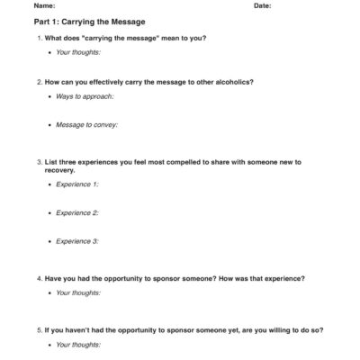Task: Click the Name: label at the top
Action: [x=43, y=5]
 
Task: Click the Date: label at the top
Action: [x=263, y=5]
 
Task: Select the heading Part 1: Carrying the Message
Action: [x=88, y=21]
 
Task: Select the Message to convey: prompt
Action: [x=86, y=124]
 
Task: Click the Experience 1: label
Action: [x=77, y=184]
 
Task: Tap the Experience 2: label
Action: [x=77, y=212]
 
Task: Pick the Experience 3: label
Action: [x=77, y=241]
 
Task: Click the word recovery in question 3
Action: [x=61, y=170]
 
